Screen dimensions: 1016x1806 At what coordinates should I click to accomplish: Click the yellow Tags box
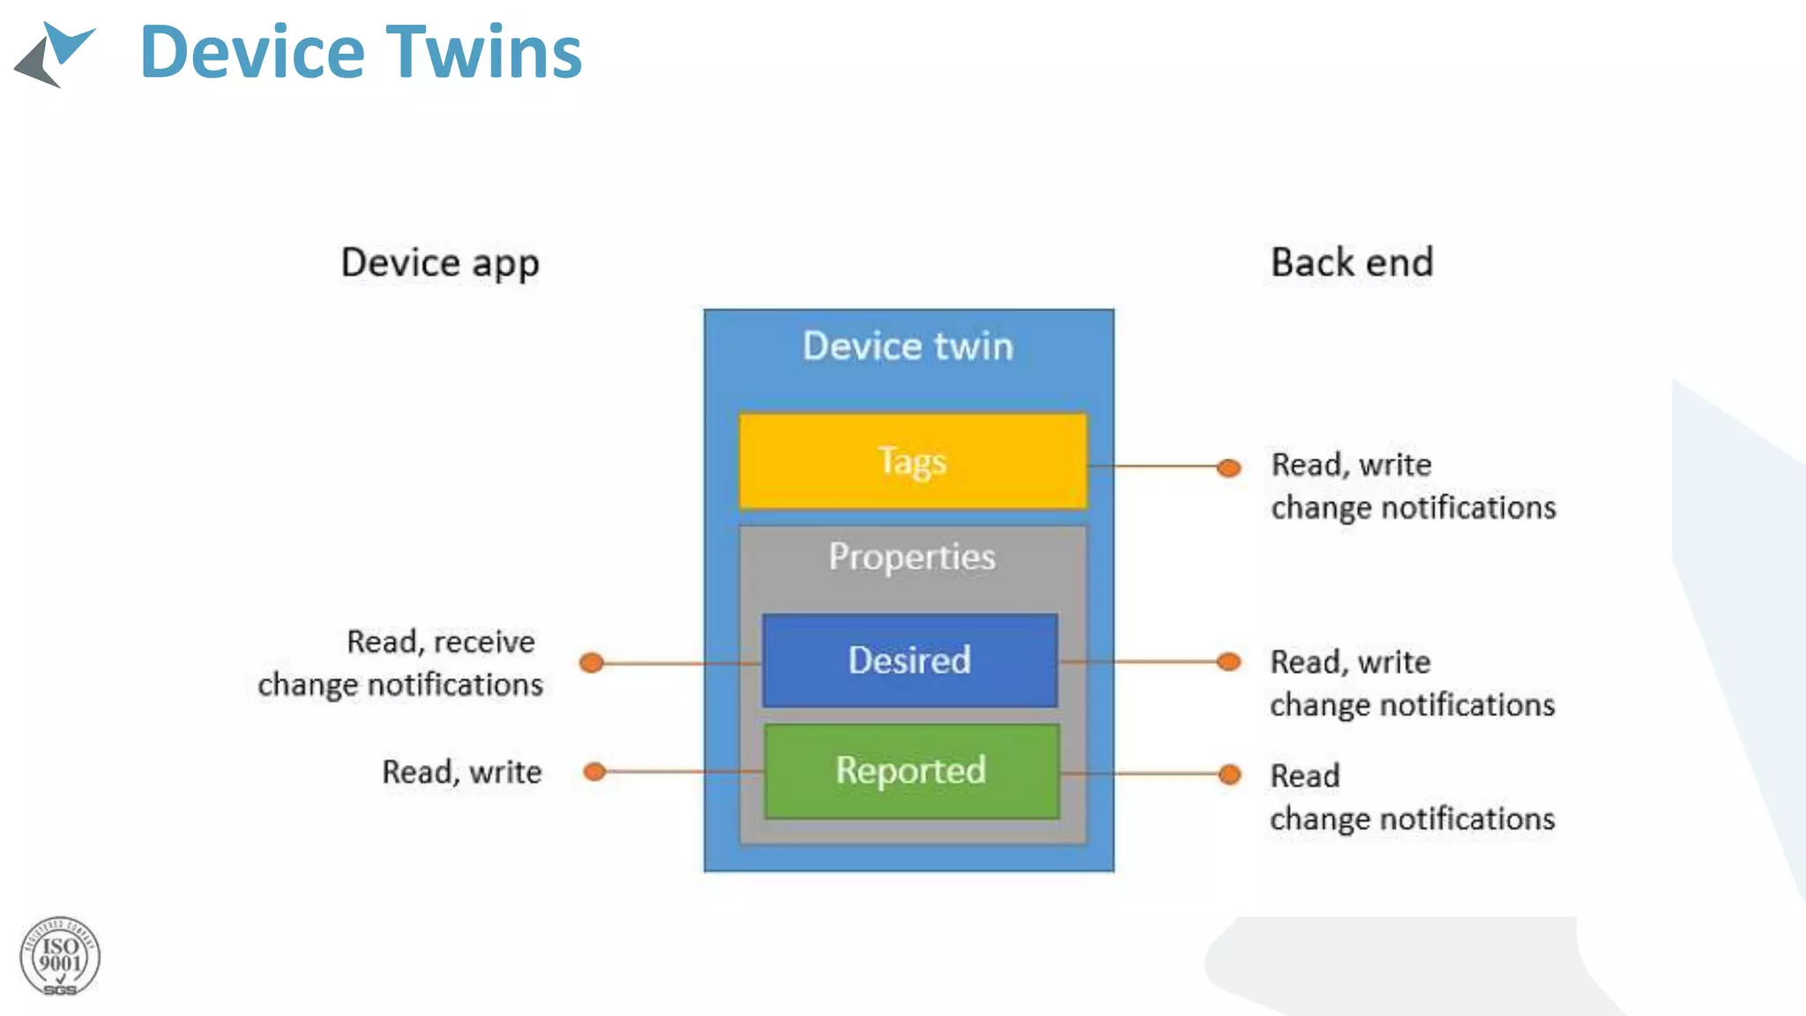click(x=913, y=461)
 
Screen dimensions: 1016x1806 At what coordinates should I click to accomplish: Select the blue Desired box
click(x=909, y=661)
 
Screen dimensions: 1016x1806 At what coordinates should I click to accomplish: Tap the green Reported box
click(x=911, y=771)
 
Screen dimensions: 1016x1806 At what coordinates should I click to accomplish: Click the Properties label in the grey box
click(x=912, y=557)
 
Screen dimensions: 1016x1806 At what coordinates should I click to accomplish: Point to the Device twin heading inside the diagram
click(x=907, y=346)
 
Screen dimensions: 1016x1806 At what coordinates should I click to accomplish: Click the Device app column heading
click(x=440, y=263)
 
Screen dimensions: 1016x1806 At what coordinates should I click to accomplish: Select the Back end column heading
click(x=1352, y=263)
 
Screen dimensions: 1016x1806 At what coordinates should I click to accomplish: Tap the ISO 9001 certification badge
click(x=60, y=957)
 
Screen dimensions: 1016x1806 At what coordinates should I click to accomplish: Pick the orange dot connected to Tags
click(x=1228, y=467)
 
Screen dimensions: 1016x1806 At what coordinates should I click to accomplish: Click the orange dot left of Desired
click(x=592, y=662)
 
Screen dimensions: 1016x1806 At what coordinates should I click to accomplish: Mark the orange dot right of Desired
click(x=1228, y=661)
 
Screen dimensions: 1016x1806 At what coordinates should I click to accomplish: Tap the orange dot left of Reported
click(x=595, y=772)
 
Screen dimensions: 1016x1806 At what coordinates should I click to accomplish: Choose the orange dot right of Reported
click(x=1229, y=774)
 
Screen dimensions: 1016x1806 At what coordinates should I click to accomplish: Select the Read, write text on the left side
click(x=461, y=773)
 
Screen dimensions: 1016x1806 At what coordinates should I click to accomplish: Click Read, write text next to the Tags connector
click(x=1351, y=465)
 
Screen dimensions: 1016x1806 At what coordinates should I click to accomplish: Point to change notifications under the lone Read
click(x=1412, y=819)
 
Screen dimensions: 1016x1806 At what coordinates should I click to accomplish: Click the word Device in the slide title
click(x=252, y=52)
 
